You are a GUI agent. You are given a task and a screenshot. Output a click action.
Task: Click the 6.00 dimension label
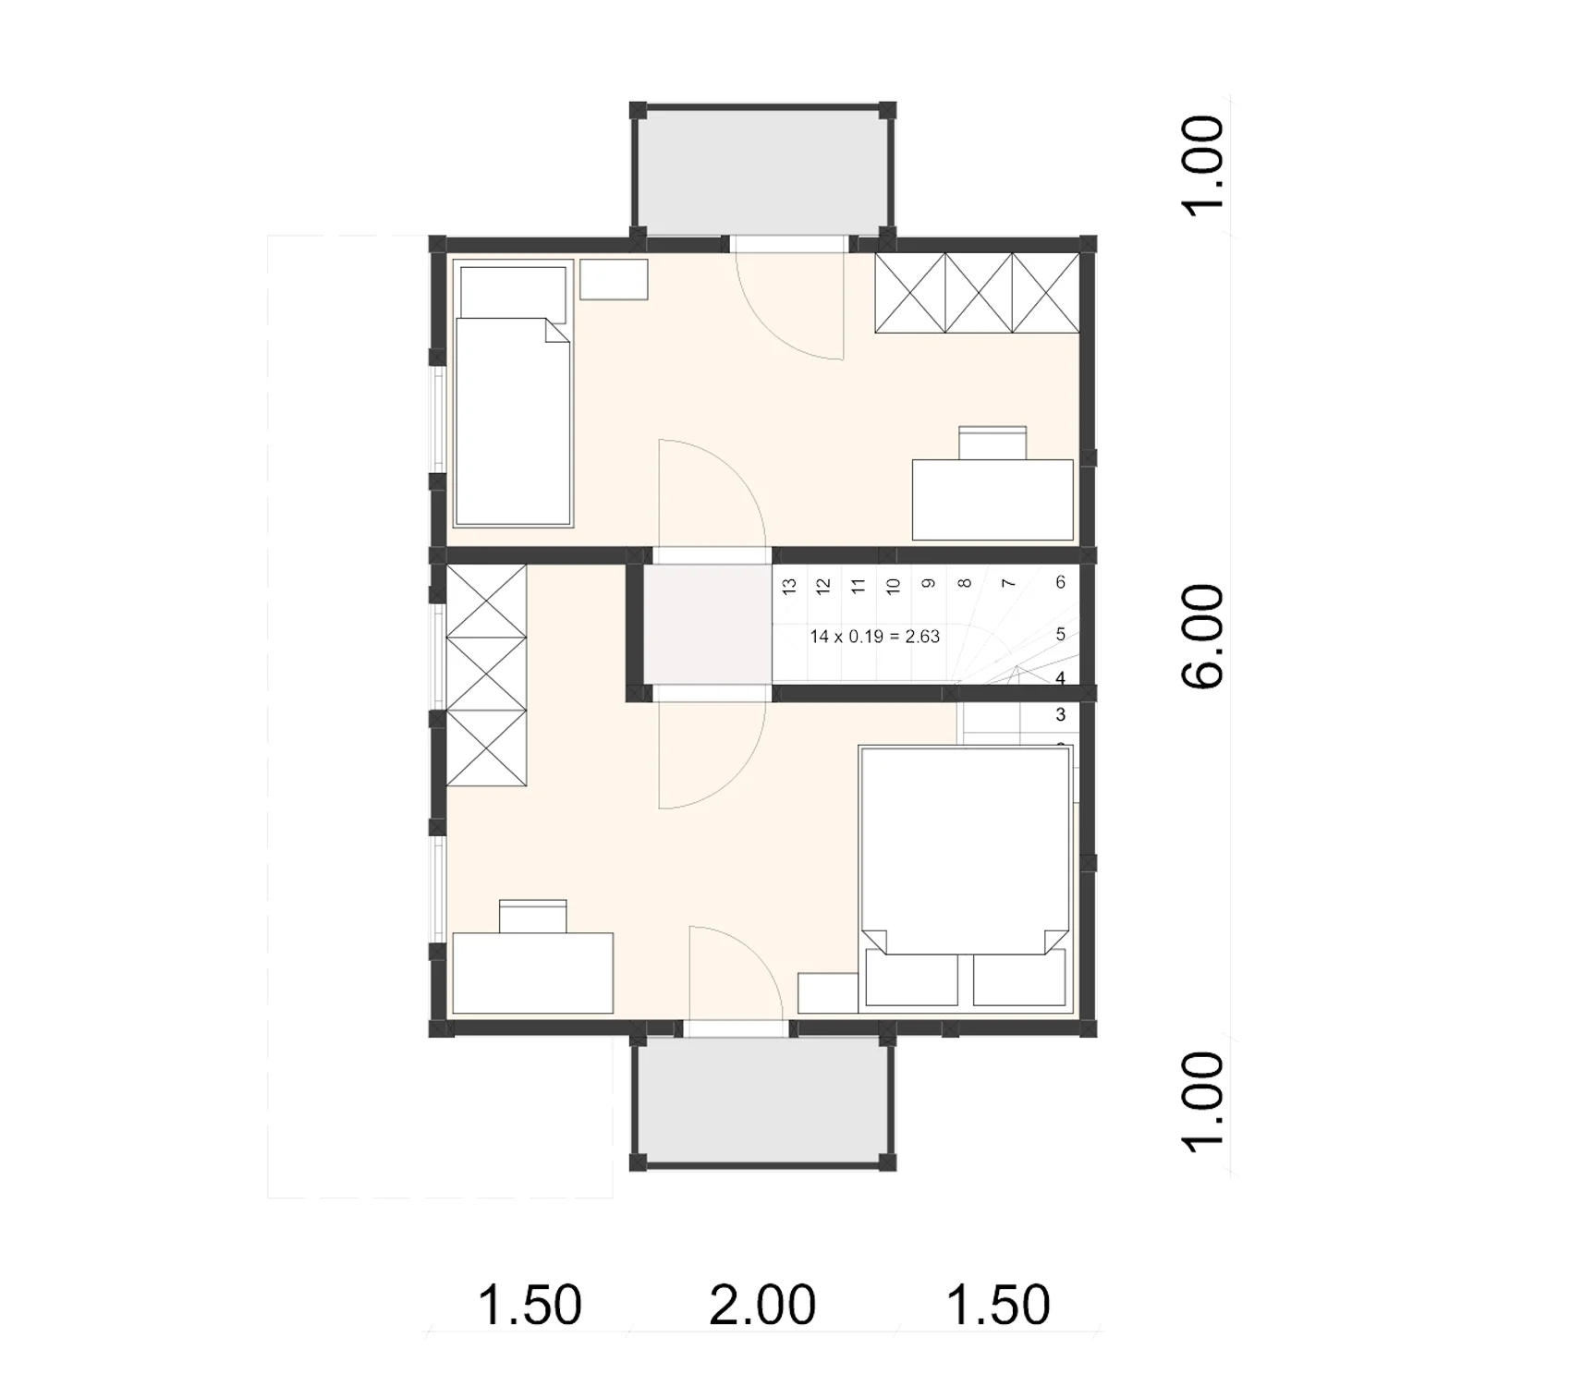pyautogui.click(x=1203, y=636)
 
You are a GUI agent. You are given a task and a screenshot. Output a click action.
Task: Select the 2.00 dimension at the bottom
pyautogui.click(x=762, y=1304)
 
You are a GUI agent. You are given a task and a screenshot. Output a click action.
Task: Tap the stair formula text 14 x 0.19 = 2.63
pyautogui.click(x=874, y=636)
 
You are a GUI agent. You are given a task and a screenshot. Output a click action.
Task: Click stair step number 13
pyautogui.click(x=789, y=585)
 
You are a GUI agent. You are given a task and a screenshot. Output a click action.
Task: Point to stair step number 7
pyautogui.click(x=1009, y=583)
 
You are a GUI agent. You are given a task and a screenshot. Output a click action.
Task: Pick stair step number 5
pyautogui.click(x=1060, y=634)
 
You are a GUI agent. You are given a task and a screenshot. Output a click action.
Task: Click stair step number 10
pyautogui.click(x=893, y=585)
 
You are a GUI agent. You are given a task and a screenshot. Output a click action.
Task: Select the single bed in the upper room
pyautogui.click(x=513, y=395)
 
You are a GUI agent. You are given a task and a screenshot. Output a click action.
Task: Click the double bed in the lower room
pyautogui.click(x=967, y=877)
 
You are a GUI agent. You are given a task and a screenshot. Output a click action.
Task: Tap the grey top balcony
pyautogui.click(x=762, y=174)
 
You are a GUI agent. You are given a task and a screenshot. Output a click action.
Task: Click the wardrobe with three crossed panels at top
pyautogui.click(x=977, y=292)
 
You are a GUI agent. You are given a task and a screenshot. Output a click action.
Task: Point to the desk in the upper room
pyautogui.click(x=993, y=499)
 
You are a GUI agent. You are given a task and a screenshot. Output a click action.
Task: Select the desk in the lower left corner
pyautogui.click(x=533, y=973)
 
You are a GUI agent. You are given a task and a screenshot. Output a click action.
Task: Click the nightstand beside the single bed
pyautogui.click(x=614, y=279)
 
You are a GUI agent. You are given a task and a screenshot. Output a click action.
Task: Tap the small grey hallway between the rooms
pyautogui.click(x=708, y=625)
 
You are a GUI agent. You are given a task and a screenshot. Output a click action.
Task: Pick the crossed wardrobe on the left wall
pyautogui.click(x=486, y=675)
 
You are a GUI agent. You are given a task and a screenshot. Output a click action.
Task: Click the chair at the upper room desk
pyautogui.click(x=993, y=443)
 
